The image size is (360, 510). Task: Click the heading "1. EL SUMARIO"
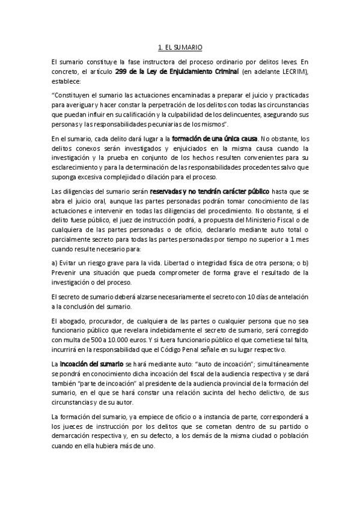tap(180, 46)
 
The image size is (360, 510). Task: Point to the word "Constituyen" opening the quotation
tap(73, 95)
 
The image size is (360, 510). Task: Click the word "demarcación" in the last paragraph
tap(73, 437)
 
